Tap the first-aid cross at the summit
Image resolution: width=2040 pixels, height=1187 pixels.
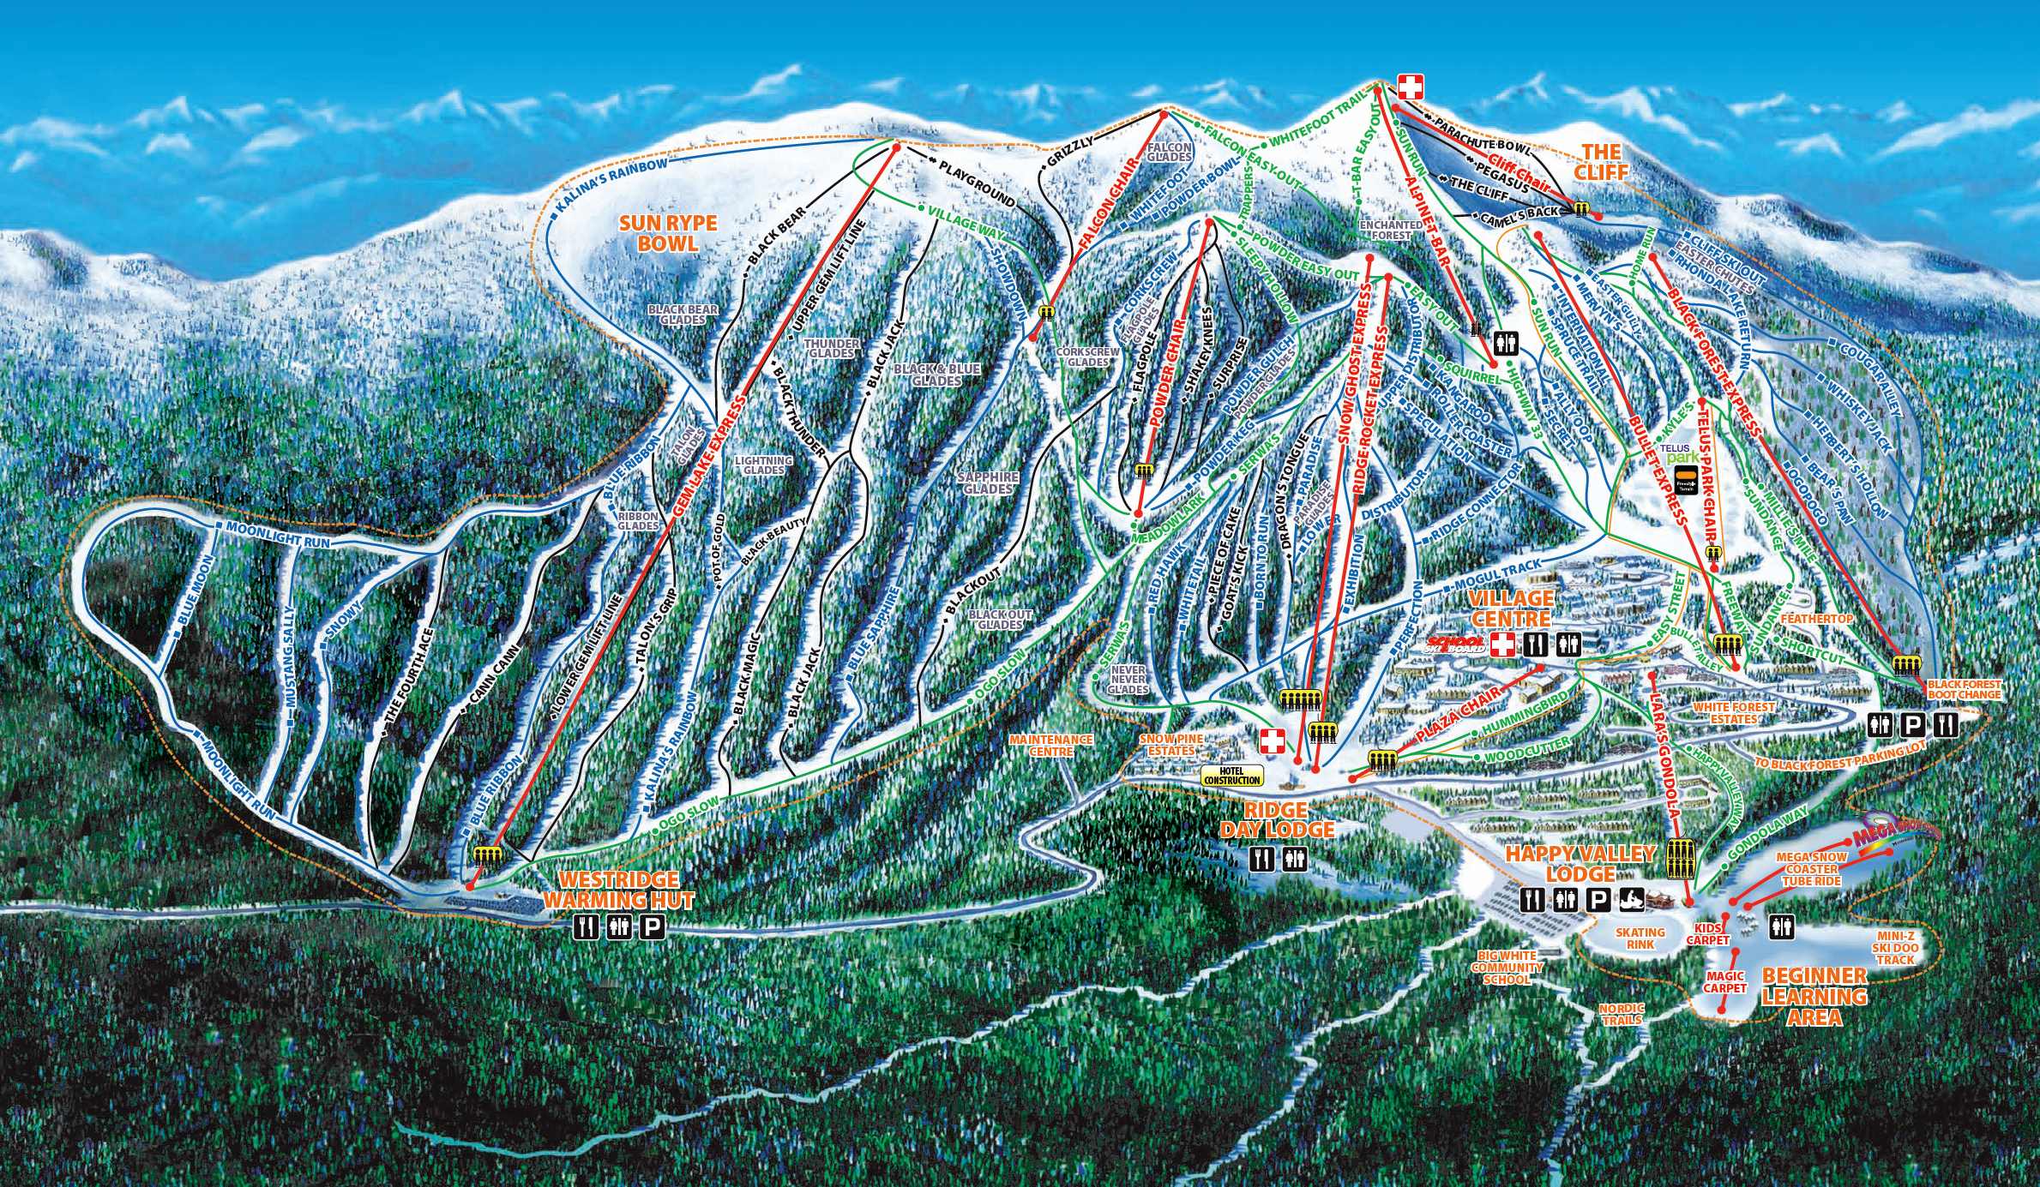pyautogui.click(x=1410, y=86)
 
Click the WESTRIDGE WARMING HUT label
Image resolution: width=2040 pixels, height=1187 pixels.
pyautogui.click(x=619, y=890)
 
